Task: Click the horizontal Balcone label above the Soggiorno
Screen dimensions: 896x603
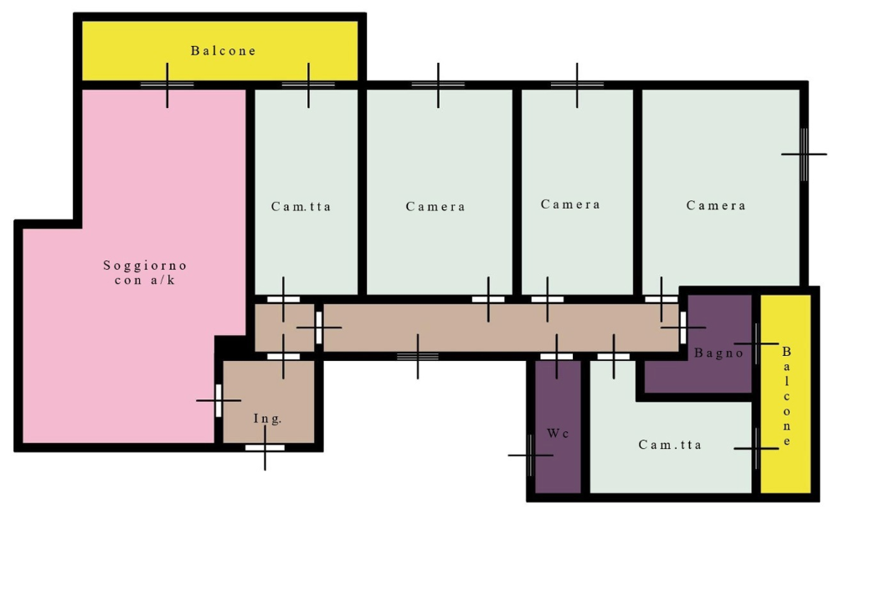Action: (x=223, y=51)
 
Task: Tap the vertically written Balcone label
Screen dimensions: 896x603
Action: (x=787, y=395)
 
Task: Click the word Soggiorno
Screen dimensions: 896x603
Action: (x=145, y=265)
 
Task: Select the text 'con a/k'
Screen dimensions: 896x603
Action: (x=145, y=280)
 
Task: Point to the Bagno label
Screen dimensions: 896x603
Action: (x=718, y=353)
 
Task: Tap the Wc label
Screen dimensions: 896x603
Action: (x=558, y=433)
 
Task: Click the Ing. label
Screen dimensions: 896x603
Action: (x=267, y=419)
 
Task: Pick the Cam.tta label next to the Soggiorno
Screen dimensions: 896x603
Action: (x=301, y=206)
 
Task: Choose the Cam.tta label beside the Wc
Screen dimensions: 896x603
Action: (x=670, y=445)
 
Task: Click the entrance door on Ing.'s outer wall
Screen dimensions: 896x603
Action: (x=265, y=447)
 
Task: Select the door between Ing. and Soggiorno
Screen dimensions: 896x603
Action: (x=219, y=400)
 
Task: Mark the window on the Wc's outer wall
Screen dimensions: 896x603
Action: (x=530, y=455)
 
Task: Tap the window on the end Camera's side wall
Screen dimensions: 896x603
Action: (x=804, y=154)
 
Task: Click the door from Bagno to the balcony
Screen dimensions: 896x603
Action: (x=756, y=343)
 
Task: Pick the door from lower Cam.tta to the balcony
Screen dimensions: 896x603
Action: (x=756, y=449)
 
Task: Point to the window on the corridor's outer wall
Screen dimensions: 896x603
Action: (x=418, y=357)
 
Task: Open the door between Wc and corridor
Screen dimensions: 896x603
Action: (x=557, y=357)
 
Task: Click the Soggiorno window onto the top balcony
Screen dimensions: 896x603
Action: (x=167, y=85)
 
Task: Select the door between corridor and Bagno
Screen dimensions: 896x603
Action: (x=682, y=327)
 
